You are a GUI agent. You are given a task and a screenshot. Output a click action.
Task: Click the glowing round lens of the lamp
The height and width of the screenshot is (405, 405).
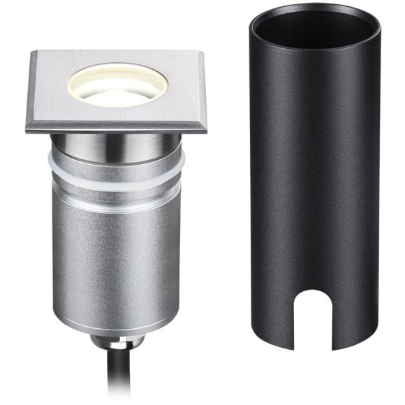[x=117, y=87]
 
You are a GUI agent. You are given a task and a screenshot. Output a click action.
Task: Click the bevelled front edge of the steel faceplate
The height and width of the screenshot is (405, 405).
[x=117, y=127]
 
